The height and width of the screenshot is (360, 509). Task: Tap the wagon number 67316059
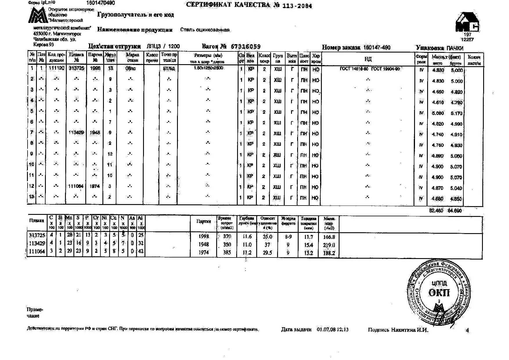tap(246, 47)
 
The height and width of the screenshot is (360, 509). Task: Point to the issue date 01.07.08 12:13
tap(333, 330)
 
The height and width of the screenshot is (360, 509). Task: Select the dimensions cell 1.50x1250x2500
tap(208, 68)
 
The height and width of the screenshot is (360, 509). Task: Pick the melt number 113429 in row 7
tap(76, 133)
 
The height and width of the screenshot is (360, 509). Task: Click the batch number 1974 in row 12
tap(95, 186)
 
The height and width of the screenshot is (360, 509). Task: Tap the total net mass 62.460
tap(436, 211)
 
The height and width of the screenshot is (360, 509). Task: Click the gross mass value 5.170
tap(456, 113)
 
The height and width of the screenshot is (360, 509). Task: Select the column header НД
tap(368, 59)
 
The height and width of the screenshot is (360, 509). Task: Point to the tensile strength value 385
tap(227, 253)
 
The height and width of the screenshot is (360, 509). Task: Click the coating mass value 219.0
tap(329, 245)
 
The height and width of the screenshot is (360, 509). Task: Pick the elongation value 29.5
tap(267, 253)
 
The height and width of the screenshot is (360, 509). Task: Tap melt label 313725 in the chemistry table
tap(37, 235)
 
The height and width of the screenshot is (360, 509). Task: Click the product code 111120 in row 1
tap(56, 69)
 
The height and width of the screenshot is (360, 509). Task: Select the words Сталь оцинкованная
tap(205, 30)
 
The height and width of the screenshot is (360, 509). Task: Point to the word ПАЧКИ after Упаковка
tap(455, 48)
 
